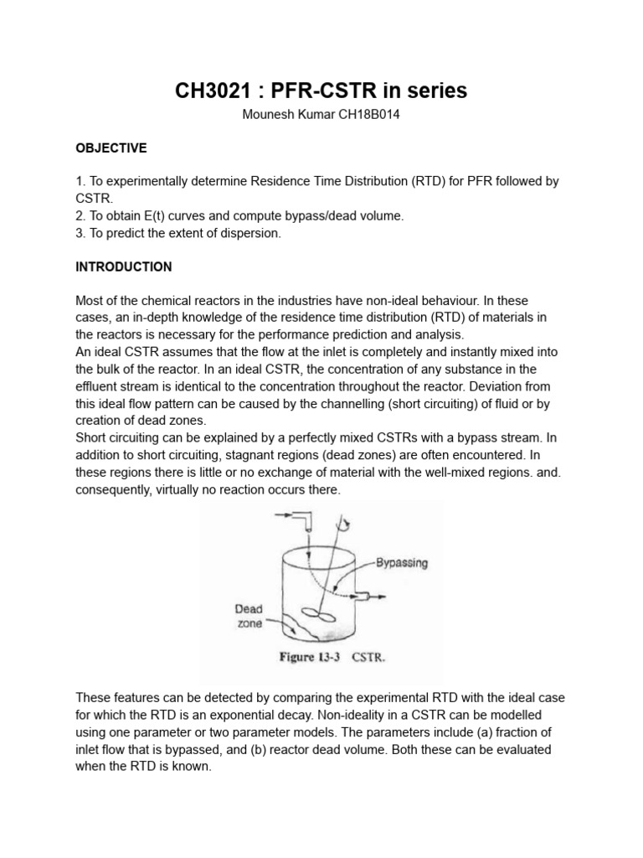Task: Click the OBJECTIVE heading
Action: [111, 148]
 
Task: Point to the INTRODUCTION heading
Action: [124, 267]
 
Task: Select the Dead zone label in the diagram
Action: [250, 618]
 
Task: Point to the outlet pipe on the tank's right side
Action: [363, 596]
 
